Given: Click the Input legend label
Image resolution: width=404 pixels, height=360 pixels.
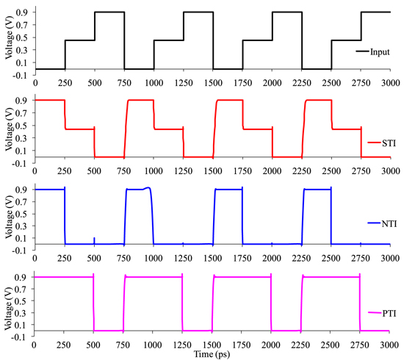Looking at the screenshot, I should (380, 51).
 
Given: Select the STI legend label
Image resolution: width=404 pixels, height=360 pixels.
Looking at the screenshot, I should (389, 143).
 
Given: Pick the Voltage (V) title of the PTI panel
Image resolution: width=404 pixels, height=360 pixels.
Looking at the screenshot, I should (8, 304).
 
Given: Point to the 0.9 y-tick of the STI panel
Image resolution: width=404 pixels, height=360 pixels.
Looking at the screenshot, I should (23, 100).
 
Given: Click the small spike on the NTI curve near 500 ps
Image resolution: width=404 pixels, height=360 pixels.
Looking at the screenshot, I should (95, 239).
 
